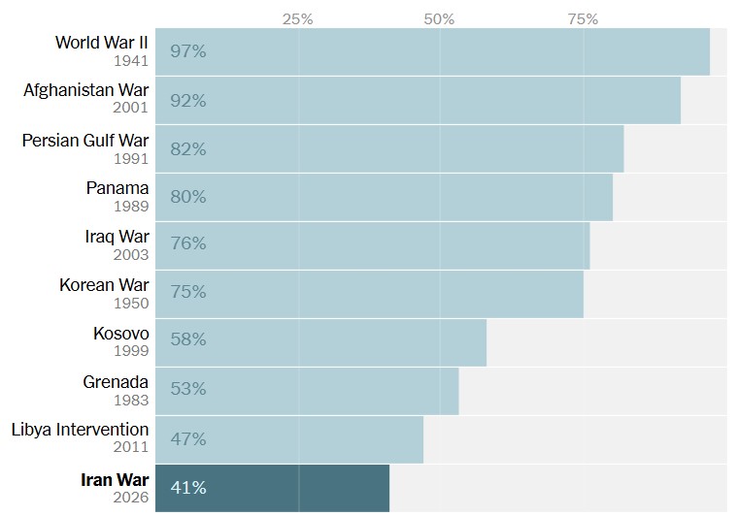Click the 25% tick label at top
pyautogui.click(x=297, y=18)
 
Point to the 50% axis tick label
pyautogui.click(x=440, y=18)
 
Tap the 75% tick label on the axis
pyautogui.click(x=583, y=18)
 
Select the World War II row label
pyautogui.click(x=101, y=42)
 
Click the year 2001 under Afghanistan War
pyautogui.click(x=130, y=108)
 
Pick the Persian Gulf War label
pyautogui.click(x=85, y=140)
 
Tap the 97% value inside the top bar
pyautogui.click(x=187, y=51)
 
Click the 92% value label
pyautogui.click(x=187, y=100)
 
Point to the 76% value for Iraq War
pyautogui.click(x=187, y=243)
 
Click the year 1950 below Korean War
pyautogui.click(x=130, y=303)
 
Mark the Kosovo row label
pyautogui.click(x=121, y=333)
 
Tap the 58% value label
pyautogui.click(x=187, y=340)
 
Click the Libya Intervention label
pyautogui.click(x=80, y=429)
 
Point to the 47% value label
pyautogui.click(x=187, y=438)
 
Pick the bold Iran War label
pyautogui.click(x=116, y=479)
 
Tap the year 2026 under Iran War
pyautogui.click(x=130, y=497)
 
